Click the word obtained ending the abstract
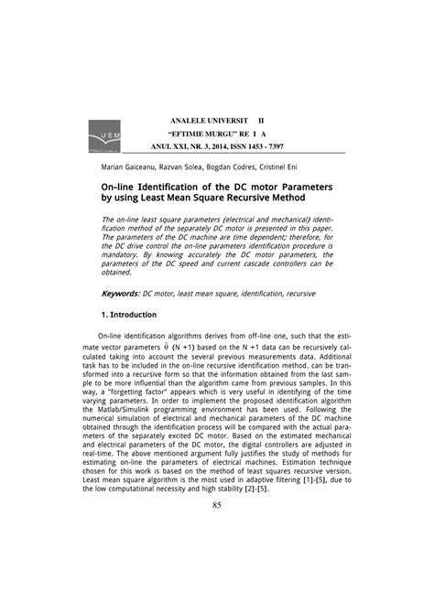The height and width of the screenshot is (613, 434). pyautogui.click(x=117, y=273)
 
